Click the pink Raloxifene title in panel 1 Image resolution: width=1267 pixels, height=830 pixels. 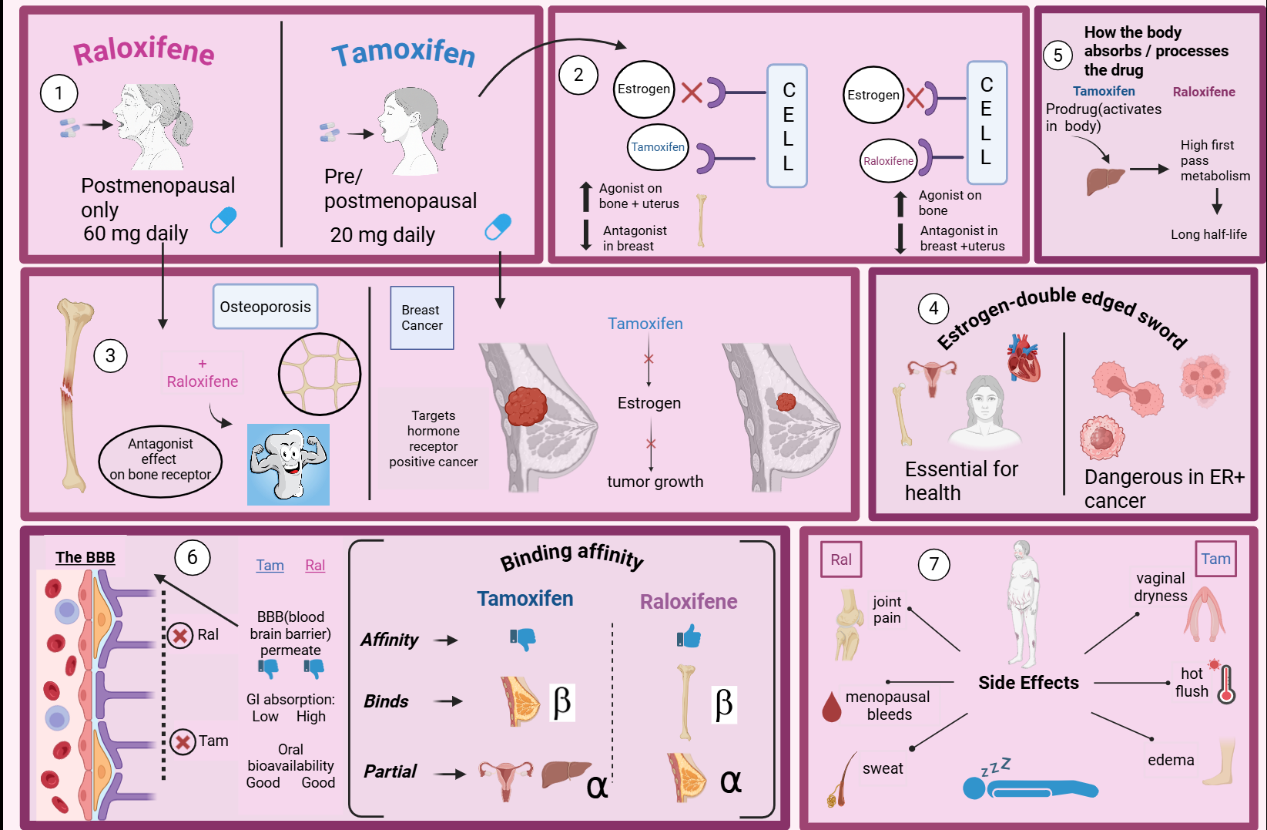coord(144,51)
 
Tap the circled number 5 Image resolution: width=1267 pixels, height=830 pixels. coord(1058,55)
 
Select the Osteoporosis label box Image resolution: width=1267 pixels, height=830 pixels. coord(265,307)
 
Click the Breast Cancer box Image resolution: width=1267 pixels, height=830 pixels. coord(422,318)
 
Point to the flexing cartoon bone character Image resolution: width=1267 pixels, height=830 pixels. coord(288,464)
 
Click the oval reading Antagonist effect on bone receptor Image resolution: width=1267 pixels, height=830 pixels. coord(160,460)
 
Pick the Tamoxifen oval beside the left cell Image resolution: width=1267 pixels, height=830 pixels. coord(658,147)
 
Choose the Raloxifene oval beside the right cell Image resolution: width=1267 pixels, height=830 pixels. coord(888,161)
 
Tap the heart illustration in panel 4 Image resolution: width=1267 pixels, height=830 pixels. coord(1024,358)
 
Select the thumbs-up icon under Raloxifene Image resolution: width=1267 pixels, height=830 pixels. coord(689,637)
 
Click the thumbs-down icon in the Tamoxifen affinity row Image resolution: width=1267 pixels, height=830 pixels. coord(523,638)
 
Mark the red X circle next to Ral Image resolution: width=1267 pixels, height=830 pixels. coord(180,636)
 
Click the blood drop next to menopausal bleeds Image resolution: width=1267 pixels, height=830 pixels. coord(832,707)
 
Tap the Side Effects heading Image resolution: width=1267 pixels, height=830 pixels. coord(1028,683)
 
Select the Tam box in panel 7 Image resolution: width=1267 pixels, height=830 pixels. coord(1215,559)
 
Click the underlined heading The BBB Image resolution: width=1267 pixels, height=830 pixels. coord(85,557)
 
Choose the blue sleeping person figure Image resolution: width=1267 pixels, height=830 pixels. coord(1030,788)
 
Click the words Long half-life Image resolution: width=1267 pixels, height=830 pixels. coord(1208,234)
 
